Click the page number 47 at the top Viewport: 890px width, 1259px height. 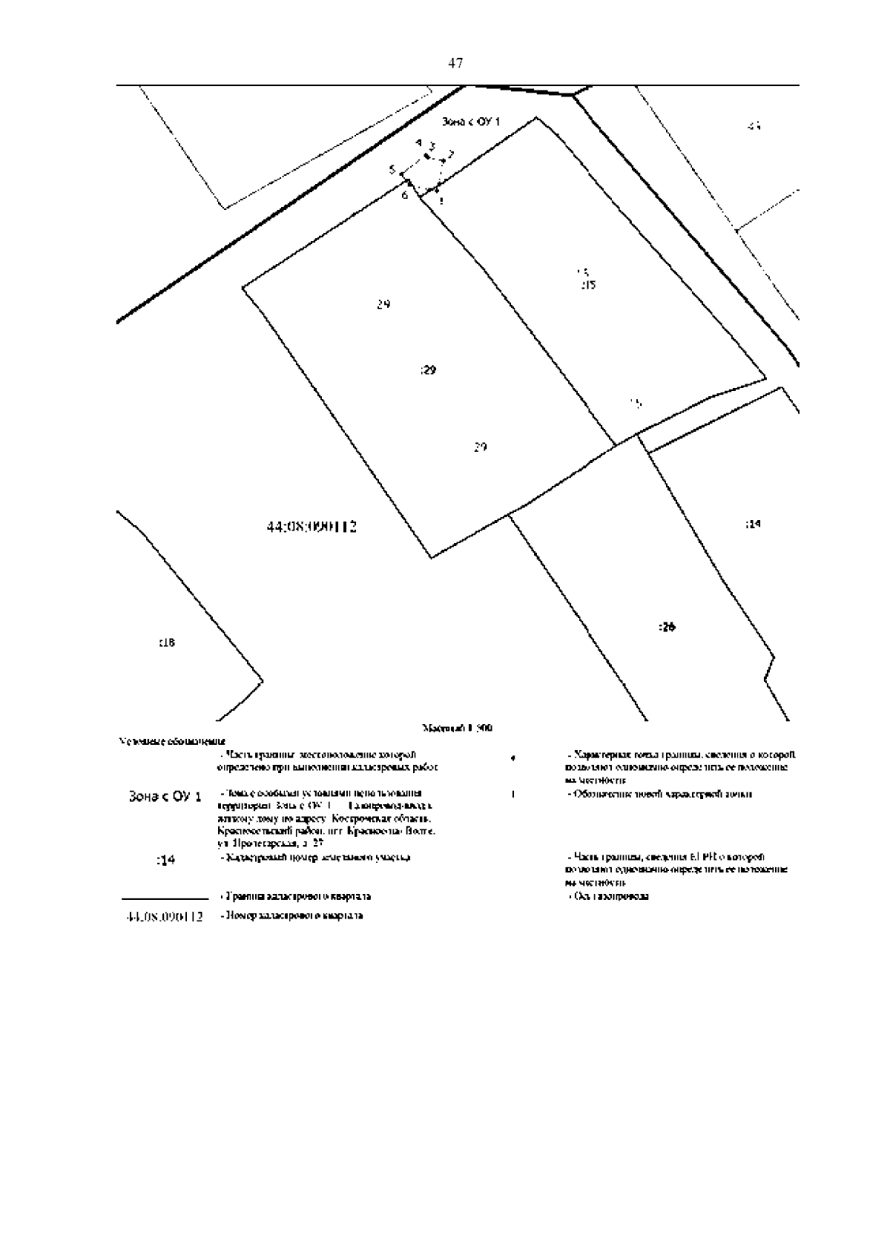coord(455,64)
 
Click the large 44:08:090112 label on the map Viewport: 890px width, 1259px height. coord(311,527)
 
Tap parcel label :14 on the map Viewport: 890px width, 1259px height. coord(752,525)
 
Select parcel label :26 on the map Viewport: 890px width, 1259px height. coord(667,627)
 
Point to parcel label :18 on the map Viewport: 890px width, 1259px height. coord(167,642)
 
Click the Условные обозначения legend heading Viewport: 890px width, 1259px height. coord(171,741)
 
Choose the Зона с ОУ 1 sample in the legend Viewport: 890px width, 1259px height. coord(165,797)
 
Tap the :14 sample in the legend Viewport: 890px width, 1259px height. coord(165,860)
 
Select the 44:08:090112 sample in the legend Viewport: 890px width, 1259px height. coord(165,917)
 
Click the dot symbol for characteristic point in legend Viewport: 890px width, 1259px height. coord(513,758)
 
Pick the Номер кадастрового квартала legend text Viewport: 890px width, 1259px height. coord(291,916)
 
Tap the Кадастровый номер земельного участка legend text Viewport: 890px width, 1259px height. coord(317,858)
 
